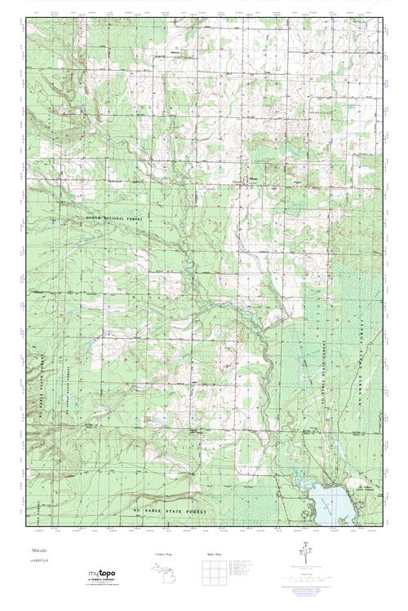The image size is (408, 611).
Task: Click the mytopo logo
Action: point(101,574)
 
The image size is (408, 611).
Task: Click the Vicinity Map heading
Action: point(163,553)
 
